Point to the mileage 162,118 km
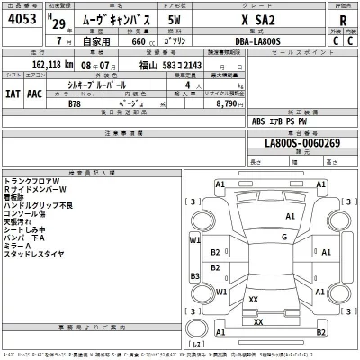tap(40, 66)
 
